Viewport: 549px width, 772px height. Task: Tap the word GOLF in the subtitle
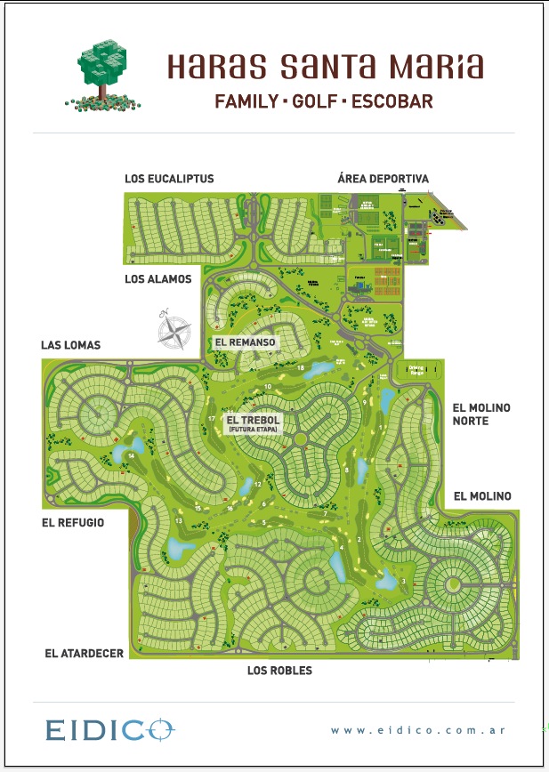click(314, 101)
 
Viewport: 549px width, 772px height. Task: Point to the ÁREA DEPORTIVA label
click(383, 179)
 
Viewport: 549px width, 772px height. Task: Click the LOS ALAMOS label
click(157, 279)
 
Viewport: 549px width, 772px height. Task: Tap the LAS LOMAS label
click(71, 345)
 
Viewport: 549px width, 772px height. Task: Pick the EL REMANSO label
click(246, 342)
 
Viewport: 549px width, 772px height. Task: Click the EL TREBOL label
click(252, 420)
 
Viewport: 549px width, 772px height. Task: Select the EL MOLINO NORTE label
click(481, 414)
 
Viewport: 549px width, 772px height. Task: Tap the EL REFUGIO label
click(73, 523)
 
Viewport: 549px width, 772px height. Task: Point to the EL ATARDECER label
click(84, 653)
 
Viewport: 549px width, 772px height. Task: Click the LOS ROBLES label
click(279, 671)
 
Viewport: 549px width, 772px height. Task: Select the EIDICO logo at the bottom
click(110, 730)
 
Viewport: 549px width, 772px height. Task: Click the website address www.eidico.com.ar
click(418, 730)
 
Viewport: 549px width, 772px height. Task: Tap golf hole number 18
click(301, 367)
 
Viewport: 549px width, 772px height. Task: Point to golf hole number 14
click(131, 456)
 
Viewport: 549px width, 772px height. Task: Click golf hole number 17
click(211, 418)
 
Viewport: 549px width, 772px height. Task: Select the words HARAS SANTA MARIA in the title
click(326, 67)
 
